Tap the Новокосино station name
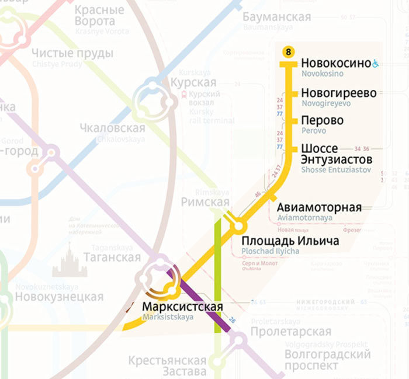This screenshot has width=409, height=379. [335, 64]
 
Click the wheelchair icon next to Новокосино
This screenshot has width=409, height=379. [375, 64]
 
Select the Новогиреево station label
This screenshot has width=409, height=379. [338, 93]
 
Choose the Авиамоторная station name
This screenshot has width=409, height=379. [319, 208]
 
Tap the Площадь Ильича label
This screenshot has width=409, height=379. [290, 241]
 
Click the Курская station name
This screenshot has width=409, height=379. [193, 82]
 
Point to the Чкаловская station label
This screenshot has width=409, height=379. [112, 128]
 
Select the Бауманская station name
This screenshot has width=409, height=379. [276, 17]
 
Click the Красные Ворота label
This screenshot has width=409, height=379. [99, 16]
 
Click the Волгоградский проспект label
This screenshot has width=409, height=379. [328, 360]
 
